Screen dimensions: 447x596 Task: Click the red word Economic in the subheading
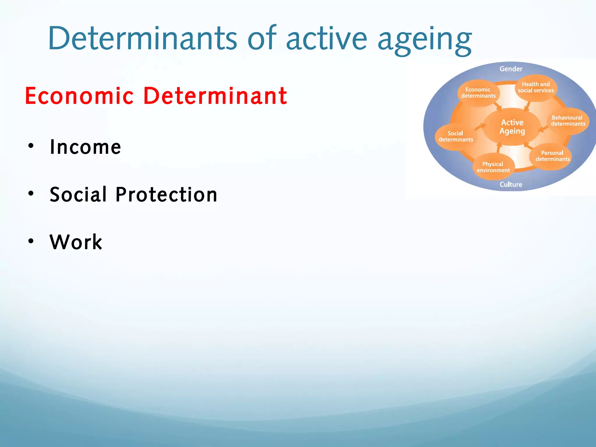(79, 96)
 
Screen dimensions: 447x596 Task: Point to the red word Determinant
(215, 96)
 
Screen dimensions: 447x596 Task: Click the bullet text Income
(85, 147)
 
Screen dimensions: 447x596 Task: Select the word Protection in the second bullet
(166, 194)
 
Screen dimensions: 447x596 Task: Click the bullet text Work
(76, 242)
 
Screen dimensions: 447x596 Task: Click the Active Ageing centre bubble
(512, 127)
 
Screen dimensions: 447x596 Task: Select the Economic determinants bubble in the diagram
(478, 93)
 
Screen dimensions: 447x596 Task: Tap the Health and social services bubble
(536, 87)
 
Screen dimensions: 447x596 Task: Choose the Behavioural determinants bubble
(568, 121)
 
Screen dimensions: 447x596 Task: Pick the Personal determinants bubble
(552, 156)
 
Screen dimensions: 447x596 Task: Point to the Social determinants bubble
(455, 136)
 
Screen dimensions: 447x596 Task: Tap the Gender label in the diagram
(511, 69)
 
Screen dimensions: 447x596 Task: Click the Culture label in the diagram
(511, 184)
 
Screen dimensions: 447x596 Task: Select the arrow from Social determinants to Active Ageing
(480, 127)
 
